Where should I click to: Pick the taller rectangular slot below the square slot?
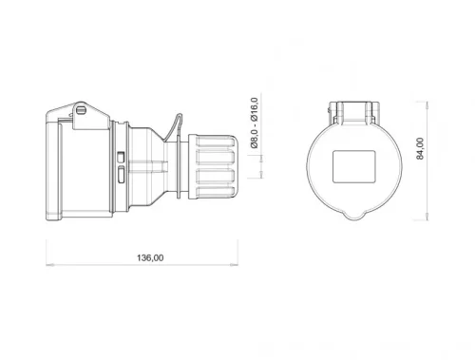pyautogui.click(x=121, y=174)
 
